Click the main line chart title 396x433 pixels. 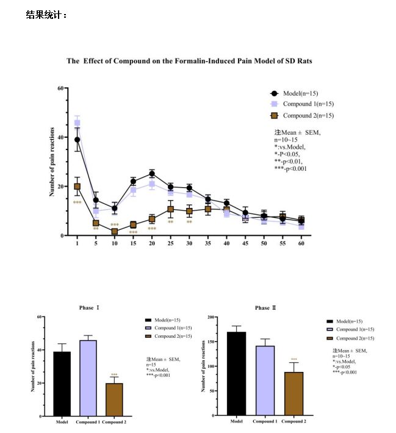pyautogui.click(x=189, y=61)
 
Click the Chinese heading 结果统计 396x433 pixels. pyautogui.click(x=46, y=15)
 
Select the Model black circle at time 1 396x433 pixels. pyautogui.click(x=77, y=140)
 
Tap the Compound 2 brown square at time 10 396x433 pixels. pyautogui.click(x=115, y=232)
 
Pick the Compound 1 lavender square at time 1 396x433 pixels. pyautogui.click(x=77, y=123)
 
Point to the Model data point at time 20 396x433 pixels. pyautogui.click(x=152, y=174)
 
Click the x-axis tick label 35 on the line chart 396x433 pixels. pyautogui.click(x=208, y=243)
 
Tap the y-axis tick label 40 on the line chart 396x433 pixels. pyautogui.click(x=60, y=137)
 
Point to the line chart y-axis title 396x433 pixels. pyautogui.click(x=52, y=161)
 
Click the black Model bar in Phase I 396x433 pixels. pyautogui.click(x=62, y=384)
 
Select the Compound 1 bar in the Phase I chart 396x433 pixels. pyautogui.click(x=88, y=378)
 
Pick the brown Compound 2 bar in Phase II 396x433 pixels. pyautogui.click(x=293, y=393)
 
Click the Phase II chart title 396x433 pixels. pyautogui.click(x=265, y=308)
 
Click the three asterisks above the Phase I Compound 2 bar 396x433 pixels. pyautogui.click(x=114, y=375)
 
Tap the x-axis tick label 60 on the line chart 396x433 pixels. pyautogui.click(x=301, y=243)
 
